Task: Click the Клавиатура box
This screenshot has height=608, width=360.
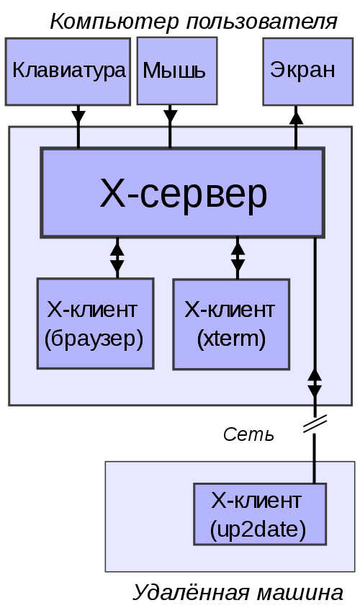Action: pyautogui.click(x=68, y=71)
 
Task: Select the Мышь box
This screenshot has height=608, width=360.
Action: pyautogui.click(x=176, y=71)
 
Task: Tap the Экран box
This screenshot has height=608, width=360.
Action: pyautogui.click(x=302, y=71)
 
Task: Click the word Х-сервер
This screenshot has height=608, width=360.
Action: pyautogui.click(x=183, y=193)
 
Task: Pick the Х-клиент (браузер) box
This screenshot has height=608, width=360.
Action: pyautogui.click(x=95, y=323)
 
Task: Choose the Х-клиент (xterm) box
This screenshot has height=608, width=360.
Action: pyautogui.click(x=231, y=324)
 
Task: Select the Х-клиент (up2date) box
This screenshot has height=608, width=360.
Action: pyautogui.click(x=259, y=514)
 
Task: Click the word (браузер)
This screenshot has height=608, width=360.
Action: pyautogui.click(x=94, y=338)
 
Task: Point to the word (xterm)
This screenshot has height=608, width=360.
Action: pyautogui.click(x=231, y=339)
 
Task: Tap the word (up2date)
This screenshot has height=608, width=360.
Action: pyautogui.click(x=258, y=529)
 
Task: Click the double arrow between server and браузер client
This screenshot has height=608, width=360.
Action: pyautogui.click(x=117, y=257)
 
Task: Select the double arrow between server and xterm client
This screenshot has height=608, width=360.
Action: pyautogui.click(x=238, y=257)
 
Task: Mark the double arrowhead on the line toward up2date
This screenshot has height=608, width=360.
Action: pyautogui.click(x=315, y=384)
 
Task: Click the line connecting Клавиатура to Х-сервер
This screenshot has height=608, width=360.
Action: pyautogui.click(x=78, y=138)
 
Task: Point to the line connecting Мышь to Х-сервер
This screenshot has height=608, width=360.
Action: pyautogui.click(x=170, y=138)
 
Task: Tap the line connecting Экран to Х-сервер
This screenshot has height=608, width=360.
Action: pyautogui.click(x=295, y=138)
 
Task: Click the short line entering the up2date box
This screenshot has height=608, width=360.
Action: pyautogui.click(x=314, y=473)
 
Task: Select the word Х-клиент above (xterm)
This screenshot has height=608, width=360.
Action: pyautogui.click(x=230, y=310)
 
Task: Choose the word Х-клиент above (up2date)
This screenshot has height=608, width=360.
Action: pyautogui.click(x=256, y=500)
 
